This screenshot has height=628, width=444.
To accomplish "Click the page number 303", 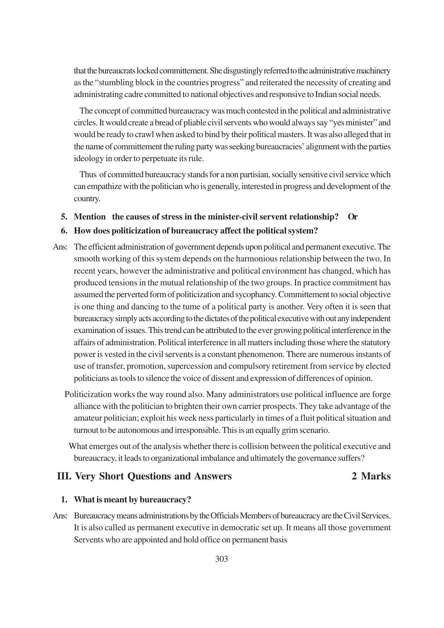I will (x=221, y=559).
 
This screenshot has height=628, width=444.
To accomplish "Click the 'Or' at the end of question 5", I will (x=352, y=217).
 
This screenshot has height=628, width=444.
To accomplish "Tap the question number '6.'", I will (x=64, y=231).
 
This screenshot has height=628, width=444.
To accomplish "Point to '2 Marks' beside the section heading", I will (x=371, y=476).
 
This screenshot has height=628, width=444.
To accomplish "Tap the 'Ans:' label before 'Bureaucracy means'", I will (x=60, y=516).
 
